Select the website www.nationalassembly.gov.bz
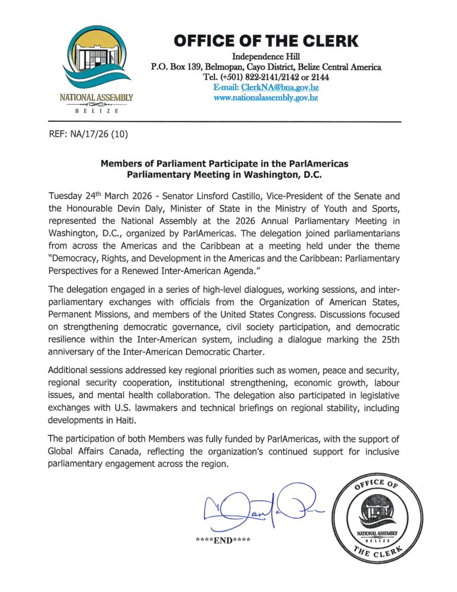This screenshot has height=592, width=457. [x=266, y=97]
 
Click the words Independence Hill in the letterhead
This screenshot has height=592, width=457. [x=266, y=57]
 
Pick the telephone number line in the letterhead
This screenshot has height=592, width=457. [x=266, y=77]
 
